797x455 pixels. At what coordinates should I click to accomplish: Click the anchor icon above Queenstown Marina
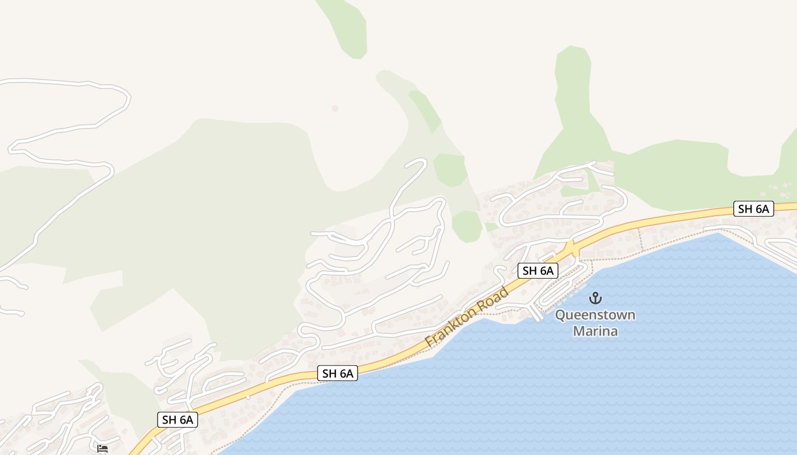[595, 297]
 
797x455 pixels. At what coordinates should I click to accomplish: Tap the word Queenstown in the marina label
[595, 315]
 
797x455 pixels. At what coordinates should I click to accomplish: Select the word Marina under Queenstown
[595, 330]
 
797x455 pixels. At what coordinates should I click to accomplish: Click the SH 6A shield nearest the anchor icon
[538, 271]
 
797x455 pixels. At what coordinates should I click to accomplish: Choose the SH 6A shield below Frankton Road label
[338, 374]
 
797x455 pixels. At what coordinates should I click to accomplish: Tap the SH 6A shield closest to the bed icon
[178, 420]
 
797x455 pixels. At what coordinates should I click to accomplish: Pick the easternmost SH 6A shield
[753, 209]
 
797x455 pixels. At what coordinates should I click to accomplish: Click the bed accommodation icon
[102, 449]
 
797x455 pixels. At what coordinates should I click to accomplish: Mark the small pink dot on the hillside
[335, 108]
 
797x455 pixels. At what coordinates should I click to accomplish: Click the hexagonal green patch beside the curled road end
[450, 169]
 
